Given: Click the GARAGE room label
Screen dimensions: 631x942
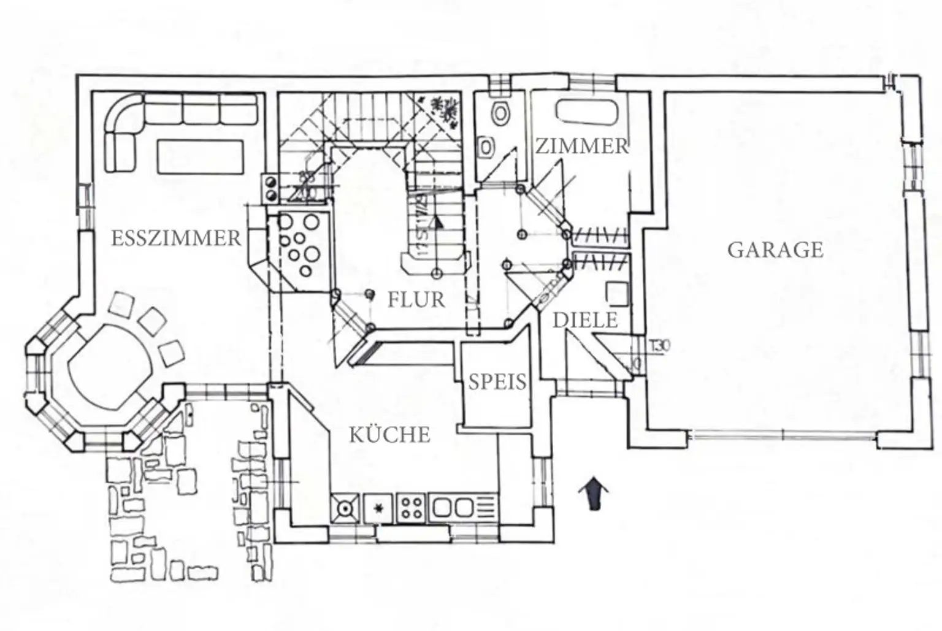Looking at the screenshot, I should (775, 250).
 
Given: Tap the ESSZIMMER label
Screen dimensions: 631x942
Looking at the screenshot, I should (176, 238).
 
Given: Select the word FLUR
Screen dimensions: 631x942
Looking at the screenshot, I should (416, 299).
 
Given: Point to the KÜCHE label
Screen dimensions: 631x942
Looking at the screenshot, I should (390, 435).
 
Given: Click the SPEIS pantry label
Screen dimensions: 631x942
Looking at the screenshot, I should (497, 382).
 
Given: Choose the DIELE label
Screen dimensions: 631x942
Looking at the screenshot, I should (585, 320).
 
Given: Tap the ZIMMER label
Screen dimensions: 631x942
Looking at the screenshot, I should (582, 146).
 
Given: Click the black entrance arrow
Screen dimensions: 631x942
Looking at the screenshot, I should (593, 493).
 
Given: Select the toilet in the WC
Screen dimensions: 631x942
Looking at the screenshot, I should (502, 113).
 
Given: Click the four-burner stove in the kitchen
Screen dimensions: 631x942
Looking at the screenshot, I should (412, 508).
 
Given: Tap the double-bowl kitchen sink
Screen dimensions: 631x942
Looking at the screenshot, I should (451, 508).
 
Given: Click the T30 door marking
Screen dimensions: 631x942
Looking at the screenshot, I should (660, 346).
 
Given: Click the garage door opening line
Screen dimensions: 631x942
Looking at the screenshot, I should (783, 436).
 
